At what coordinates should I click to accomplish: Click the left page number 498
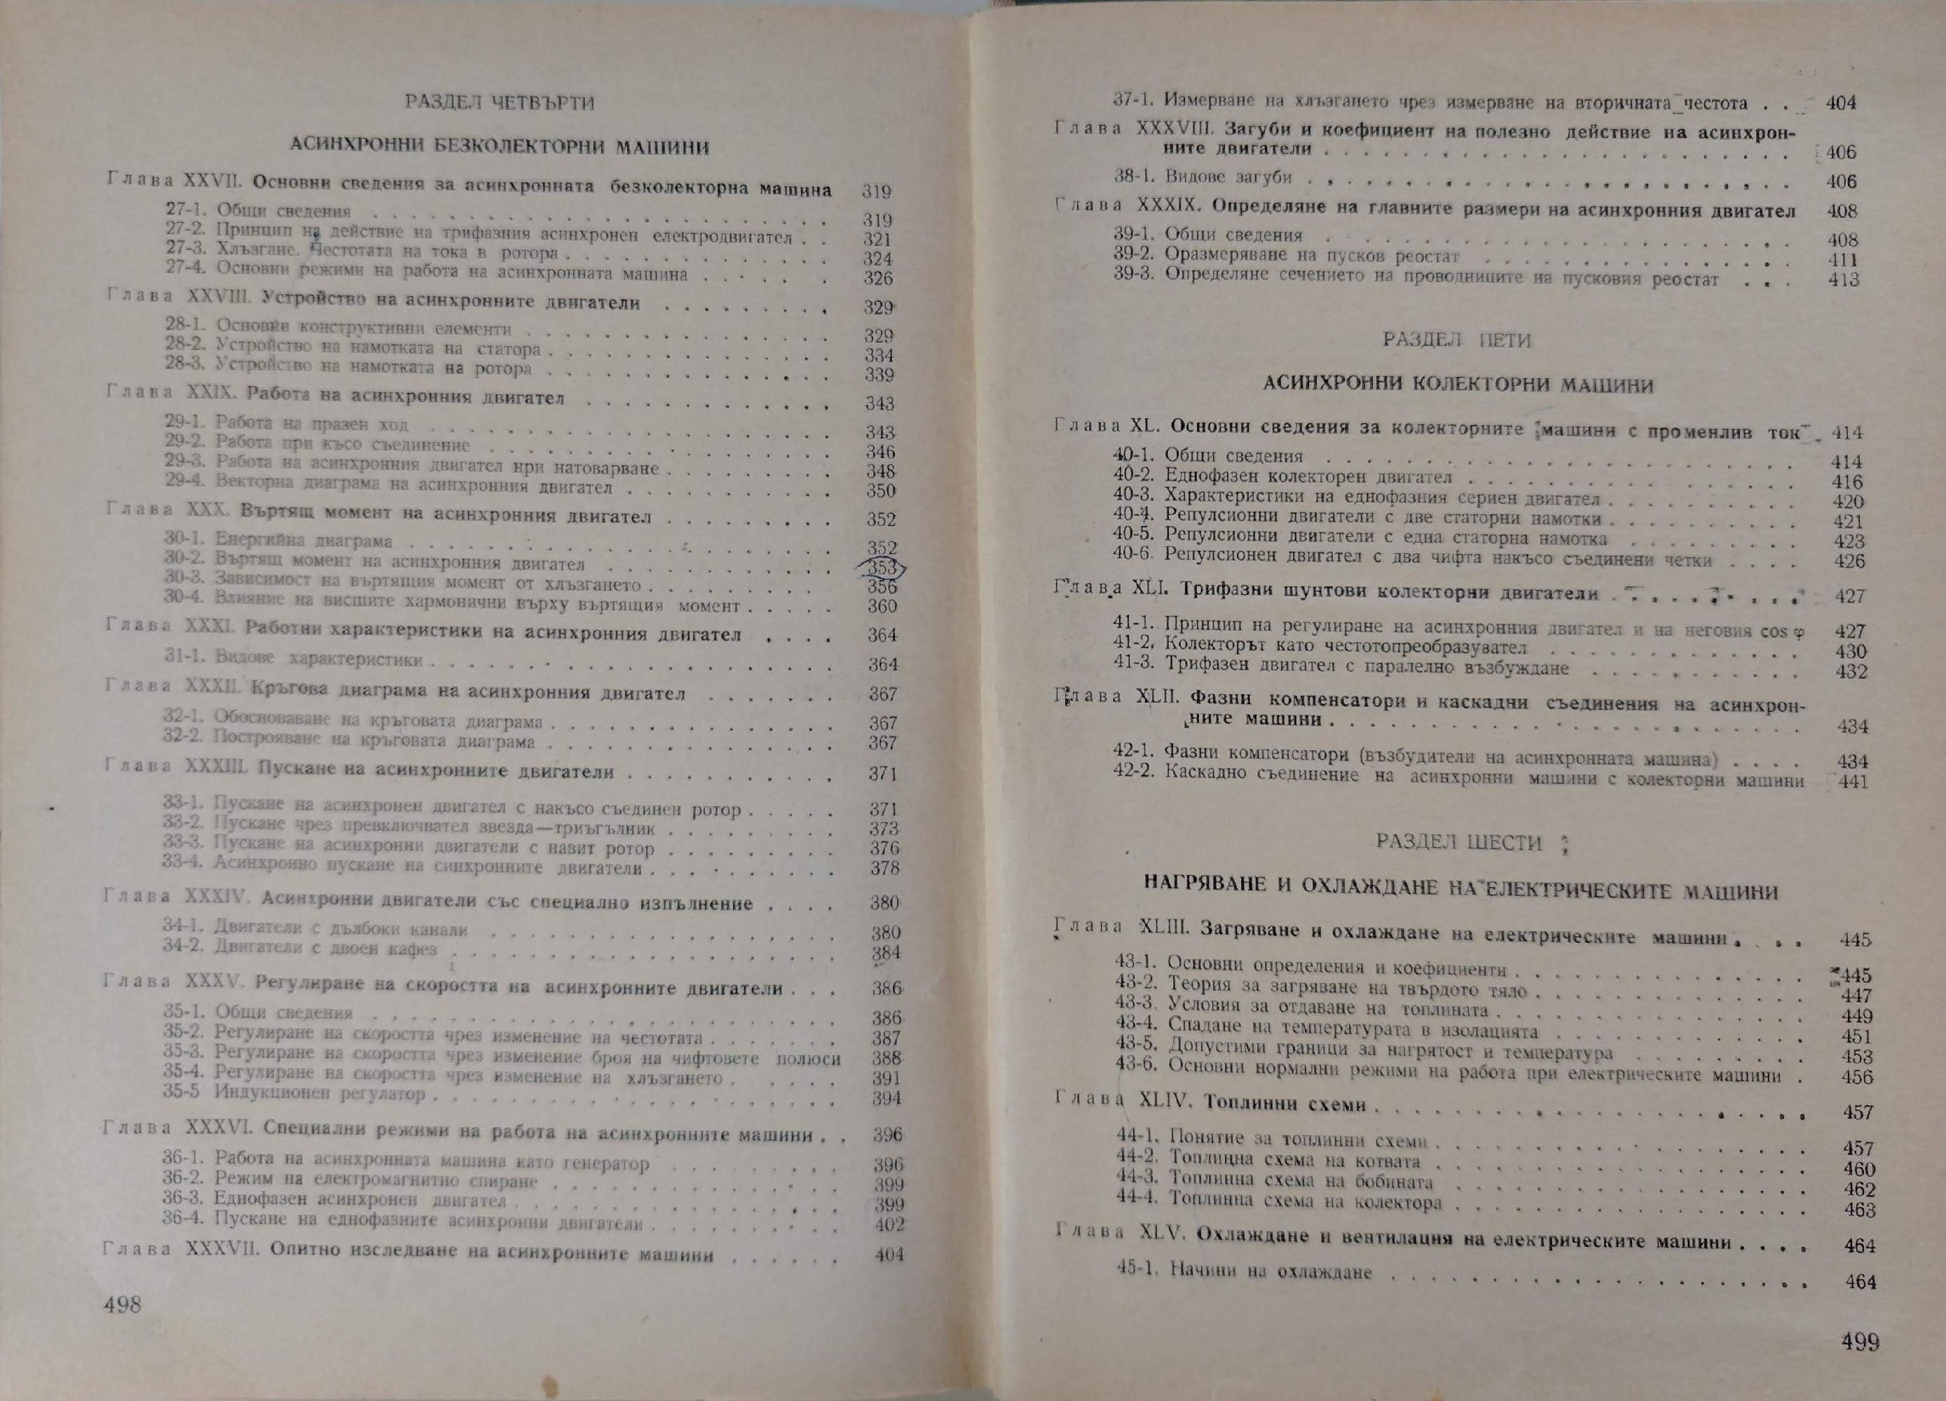click(121, 1306)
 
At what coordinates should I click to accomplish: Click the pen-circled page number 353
click(881, 568)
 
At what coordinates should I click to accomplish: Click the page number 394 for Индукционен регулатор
click(886, 1099)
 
